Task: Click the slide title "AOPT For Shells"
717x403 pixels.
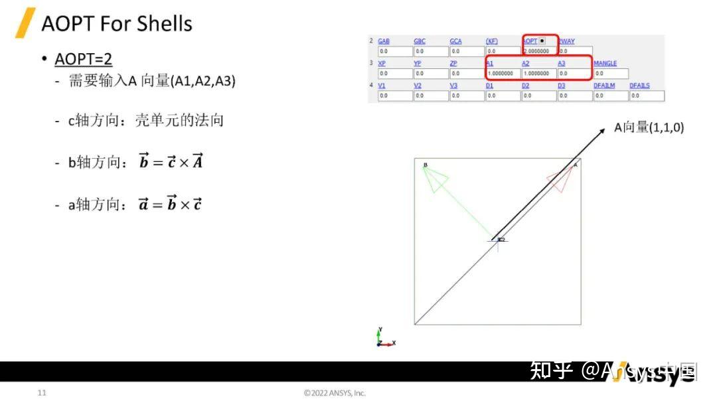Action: (117, 24)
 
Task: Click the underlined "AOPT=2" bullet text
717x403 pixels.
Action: (83, 59)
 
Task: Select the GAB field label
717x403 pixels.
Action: (384, 41)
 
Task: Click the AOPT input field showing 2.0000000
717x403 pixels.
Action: (540, 50)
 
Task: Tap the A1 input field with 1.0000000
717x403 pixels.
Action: (503, 73)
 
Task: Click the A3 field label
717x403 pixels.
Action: (562, 63)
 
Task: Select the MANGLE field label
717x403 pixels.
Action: (605, 63)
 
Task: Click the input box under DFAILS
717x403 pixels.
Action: (646, 96)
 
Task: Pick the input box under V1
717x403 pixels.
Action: (394, 96)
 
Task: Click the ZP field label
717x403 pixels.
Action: (453, 63)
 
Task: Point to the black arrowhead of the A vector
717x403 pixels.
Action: (600, 131)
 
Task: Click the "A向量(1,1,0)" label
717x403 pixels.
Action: (649, 127)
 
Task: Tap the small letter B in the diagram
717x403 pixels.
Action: (425, 165)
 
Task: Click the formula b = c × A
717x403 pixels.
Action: (171, 161)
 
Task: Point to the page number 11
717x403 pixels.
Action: (42, 392)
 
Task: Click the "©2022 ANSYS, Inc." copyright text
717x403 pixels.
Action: (335, 392)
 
